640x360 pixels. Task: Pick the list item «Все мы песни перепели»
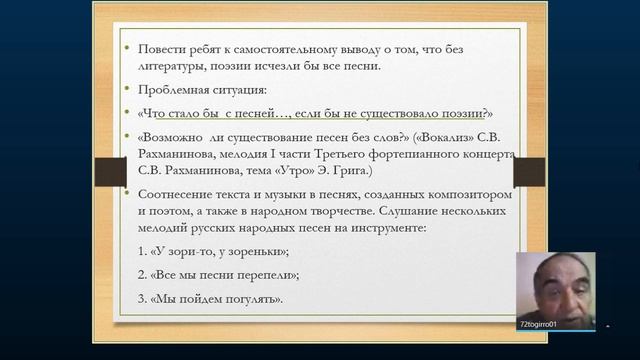click(216, 275)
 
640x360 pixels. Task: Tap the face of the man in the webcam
click(554, 286)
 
